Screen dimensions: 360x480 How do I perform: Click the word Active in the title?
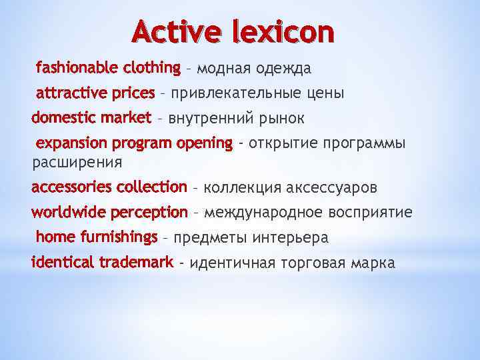174,32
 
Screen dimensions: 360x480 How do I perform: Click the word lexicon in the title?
283,32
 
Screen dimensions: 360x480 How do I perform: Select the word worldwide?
69,212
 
